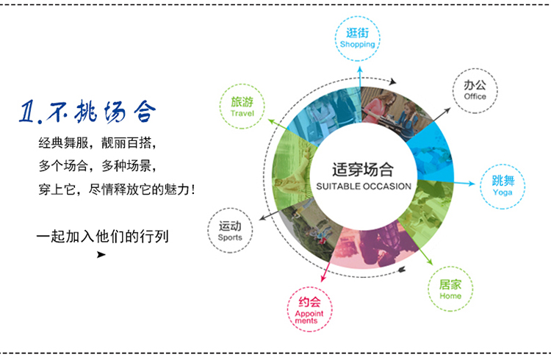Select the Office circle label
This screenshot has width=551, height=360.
pos(475,90)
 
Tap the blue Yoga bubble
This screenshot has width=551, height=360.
pos(503,187)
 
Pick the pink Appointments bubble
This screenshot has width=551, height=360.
pos(308,312)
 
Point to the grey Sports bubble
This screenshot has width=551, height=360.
pos(230,231)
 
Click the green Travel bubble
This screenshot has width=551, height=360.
pos(242,107)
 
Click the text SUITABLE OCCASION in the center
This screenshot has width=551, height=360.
pos(363,187)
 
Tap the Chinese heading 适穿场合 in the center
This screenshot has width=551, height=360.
pos(363,168)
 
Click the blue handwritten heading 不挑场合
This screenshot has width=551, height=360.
pos(102,112)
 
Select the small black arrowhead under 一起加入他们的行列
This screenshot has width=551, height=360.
pos(101,255)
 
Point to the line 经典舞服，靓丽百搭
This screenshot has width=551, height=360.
pos(98,142)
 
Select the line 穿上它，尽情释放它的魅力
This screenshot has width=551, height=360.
pos(117,189)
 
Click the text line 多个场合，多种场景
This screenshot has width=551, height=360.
pos(98,165)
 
